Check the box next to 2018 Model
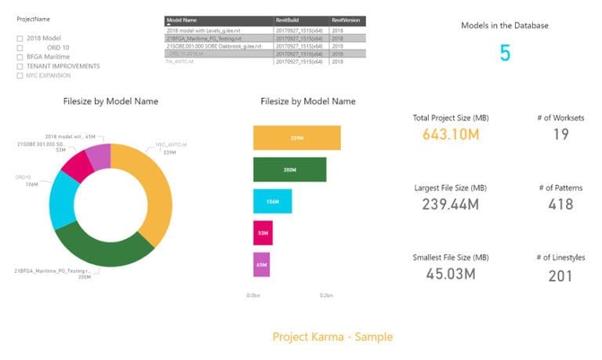pos(20,38)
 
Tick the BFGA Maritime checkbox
pos(20,56)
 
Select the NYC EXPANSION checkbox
pos(20,75)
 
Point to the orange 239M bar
pos(296,137)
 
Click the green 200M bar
pos(289,169)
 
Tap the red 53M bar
pos(263,232)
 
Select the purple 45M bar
pos(261,264)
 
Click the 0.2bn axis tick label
pos(326,296)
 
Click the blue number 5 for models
pos(505,53)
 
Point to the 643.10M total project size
pos(451,134)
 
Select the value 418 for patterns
pos(560,204)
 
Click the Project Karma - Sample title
pos(332,336)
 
